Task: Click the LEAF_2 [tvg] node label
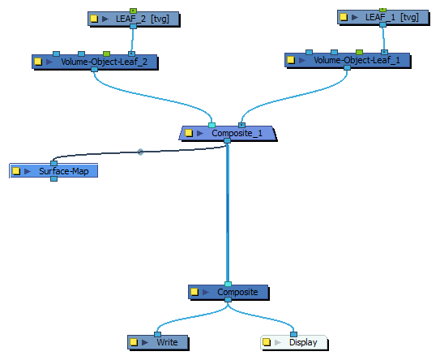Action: click(143, 19)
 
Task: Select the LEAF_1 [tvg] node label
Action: click(391, 17)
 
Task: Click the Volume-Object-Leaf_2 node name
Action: click(104, 62)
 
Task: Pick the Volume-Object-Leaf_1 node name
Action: click(357, 60)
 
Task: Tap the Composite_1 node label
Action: click(237, 133)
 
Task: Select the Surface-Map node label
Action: click(64, 171)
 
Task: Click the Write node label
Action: click(167, 342)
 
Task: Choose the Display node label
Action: click(303, 342)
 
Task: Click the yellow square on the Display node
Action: click(267, 342)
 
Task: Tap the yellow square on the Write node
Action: click(134, 342)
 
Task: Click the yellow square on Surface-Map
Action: click(16, 171)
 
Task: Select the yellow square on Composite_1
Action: click(189, 133)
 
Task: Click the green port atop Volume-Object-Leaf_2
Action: click(106, 54)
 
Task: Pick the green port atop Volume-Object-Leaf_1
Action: click(359, 52)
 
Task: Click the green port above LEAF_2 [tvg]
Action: click(133, 11)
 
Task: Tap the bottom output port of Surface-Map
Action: click(53, 178)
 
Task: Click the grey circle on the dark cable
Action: click(140, 152)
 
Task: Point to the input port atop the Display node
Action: click(293, 334)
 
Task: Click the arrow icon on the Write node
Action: click(145, 342)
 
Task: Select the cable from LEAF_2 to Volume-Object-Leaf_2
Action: click(132, 40)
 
